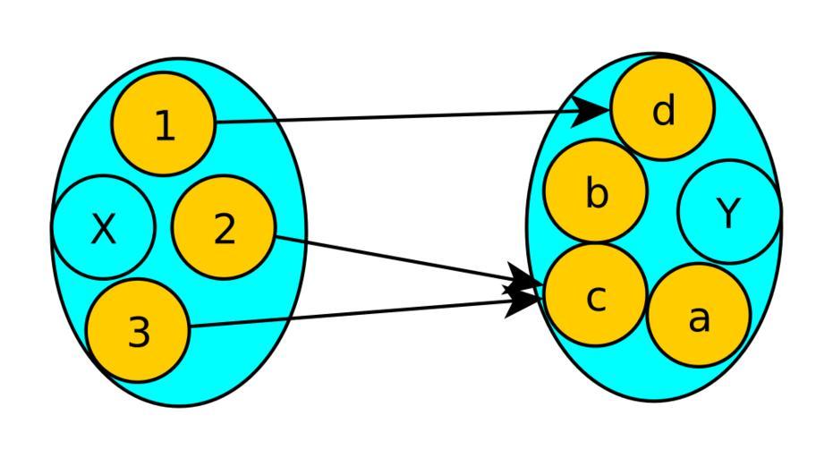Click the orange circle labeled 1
coord(164,124)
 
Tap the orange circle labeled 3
coord(139,330)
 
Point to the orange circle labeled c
coord(596,296)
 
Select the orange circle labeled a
coord(699,315)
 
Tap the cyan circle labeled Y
coord(729,212)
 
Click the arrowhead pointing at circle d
coord(593,111)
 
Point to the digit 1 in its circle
coord(165,127)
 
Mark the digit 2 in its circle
coord(225,230)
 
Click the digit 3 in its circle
coord(139,333)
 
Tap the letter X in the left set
coord(104,230)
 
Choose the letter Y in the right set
coord(729,214)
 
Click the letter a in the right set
coord(699,318)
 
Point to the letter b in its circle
coord(597,193)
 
